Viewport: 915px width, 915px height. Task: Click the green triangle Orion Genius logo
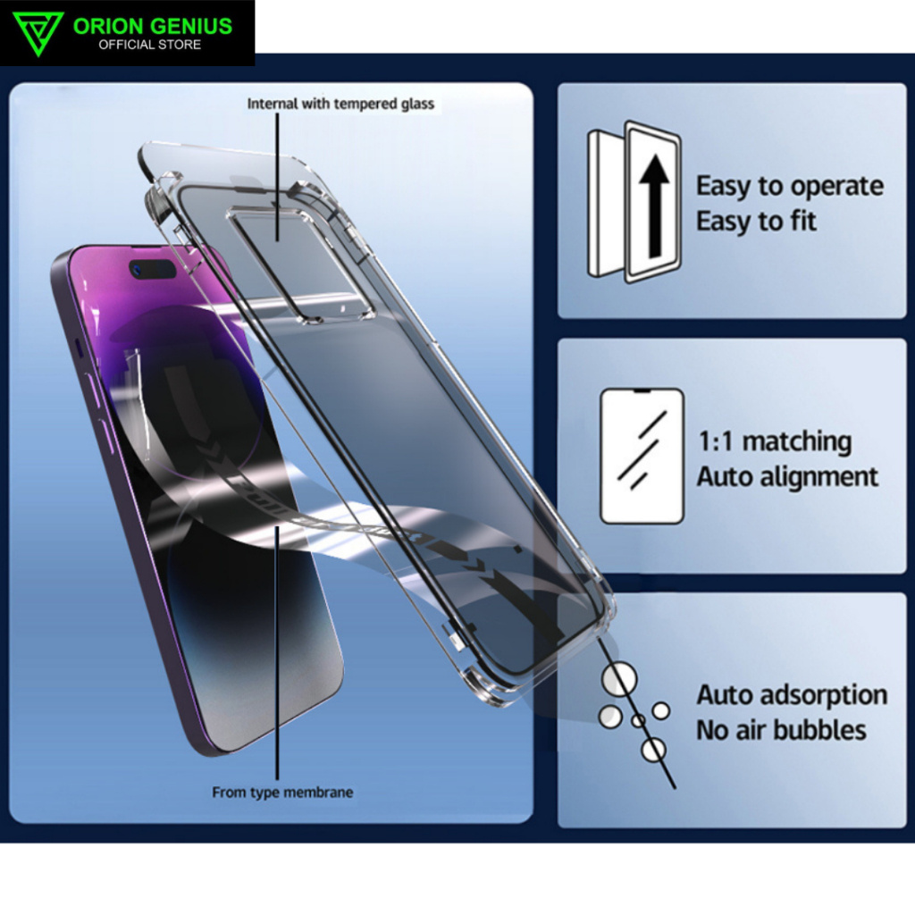click(x=38, y=33)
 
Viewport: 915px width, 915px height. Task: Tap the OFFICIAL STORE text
click(x=149, y=45)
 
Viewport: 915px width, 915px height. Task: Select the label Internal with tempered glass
click(x=340, y=104)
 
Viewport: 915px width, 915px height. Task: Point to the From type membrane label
click(x=282, y=793)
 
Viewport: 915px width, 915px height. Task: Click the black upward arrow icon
click(x=654, y=204)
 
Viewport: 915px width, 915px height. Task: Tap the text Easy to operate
click(x=790, y=186)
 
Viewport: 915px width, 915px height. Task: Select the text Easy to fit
click(x=756, y=221)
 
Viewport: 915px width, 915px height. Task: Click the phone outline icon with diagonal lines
click(x=642, y=456)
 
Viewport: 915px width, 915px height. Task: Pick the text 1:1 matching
click(x=774, y=441)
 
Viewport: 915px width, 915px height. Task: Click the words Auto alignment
click(x=787, y=476)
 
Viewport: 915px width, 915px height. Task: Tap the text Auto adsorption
click(x=792, y=694)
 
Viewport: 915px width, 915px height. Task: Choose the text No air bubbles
click(x=781, y=730)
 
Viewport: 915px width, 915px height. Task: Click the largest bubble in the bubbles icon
click(x=618, y=680)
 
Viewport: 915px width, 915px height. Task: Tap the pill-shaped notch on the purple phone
click(x=153, y=269)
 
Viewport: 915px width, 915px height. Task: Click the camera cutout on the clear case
click(x=299, y=264)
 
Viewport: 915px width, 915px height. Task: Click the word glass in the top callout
click(x=416, y=104)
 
